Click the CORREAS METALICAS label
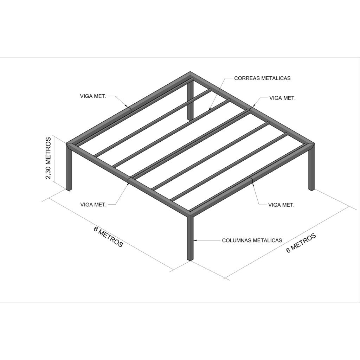(x=262, y=78)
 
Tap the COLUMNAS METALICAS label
(x=252, y=240)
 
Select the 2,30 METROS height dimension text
(x=49, y=158)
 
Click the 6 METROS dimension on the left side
(x=108, y=237)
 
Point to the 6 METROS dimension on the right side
(x=301, y=243)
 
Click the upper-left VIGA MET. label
(x=93, y=96)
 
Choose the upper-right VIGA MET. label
(x=282, y=98)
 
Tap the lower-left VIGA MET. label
(x=94, y=205)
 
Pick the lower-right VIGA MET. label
(x=281, y=205)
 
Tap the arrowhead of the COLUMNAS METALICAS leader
(x=195, y=240)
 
